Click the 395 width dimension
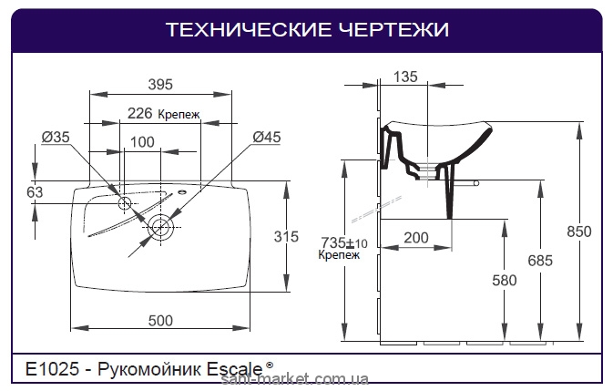point(160,85)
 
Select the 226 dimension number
point(139,114)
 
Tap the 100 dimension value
point(141,141)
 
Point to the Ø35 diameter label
point(56,138)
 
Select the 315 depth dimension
point(286,237)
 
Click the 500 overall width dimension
point(160,320)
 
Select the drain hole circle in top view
point(163,225)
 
